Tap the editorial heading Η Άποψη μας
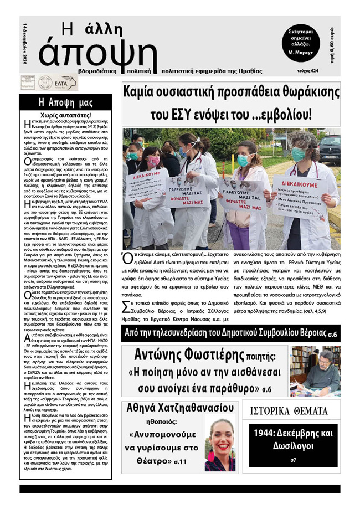pyautogui.click(x=65, y=102)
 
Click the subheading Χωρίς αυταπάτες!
pyautogui.click(x=65, y=115)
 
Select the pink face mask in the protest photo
pyautogui.click(x=153, y=161)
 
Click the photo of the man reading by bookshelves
pyautogui.click(x=315, y=371)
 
